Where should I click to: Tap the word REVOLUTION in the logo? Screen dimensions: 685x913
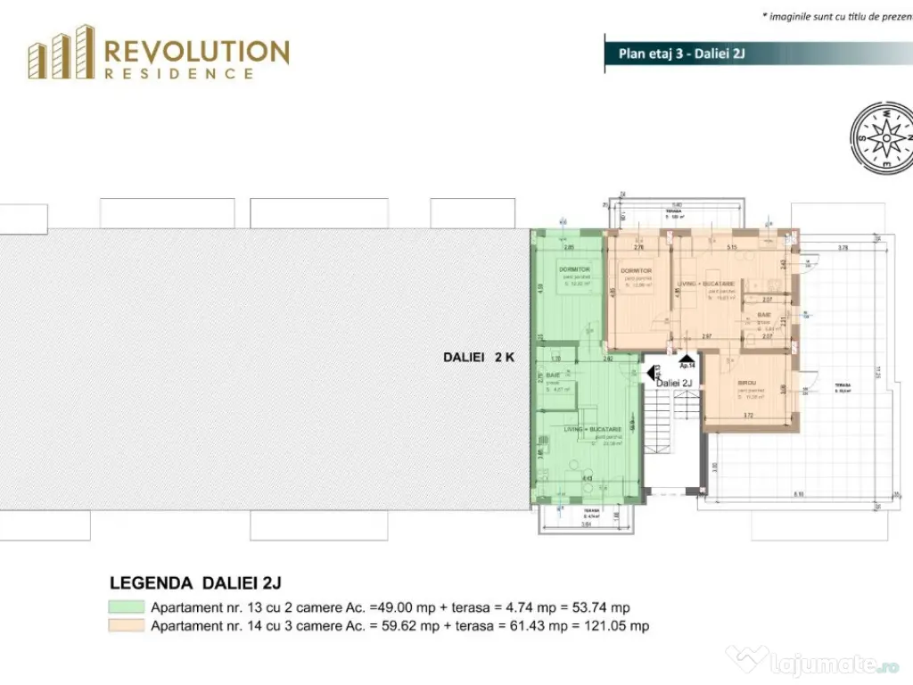coord(197,52)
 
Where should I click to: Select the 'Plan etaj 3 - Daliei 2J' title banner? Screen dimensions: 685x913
coord(681,53)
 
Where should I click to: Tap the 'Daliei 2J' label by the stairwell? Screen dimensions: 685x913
coord(675,383)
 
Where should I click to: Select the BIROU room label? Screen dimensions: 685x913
coord(748,384)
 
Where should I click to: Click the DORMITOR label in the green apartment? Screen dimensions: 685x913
coord(575,269)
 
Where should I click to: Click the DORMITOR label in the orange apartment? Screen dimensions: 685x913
coord(637,270)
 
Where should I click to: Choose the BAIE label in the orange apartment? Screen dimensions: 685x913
coord(765,316)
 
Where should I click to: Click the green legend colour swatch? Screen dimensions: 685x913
coord(126,607)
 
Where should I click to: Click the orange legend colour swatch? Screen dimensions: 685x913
coord(126,625)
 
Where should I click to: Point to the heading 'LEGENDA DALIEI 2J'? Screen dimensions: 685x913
coord(195,583)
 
